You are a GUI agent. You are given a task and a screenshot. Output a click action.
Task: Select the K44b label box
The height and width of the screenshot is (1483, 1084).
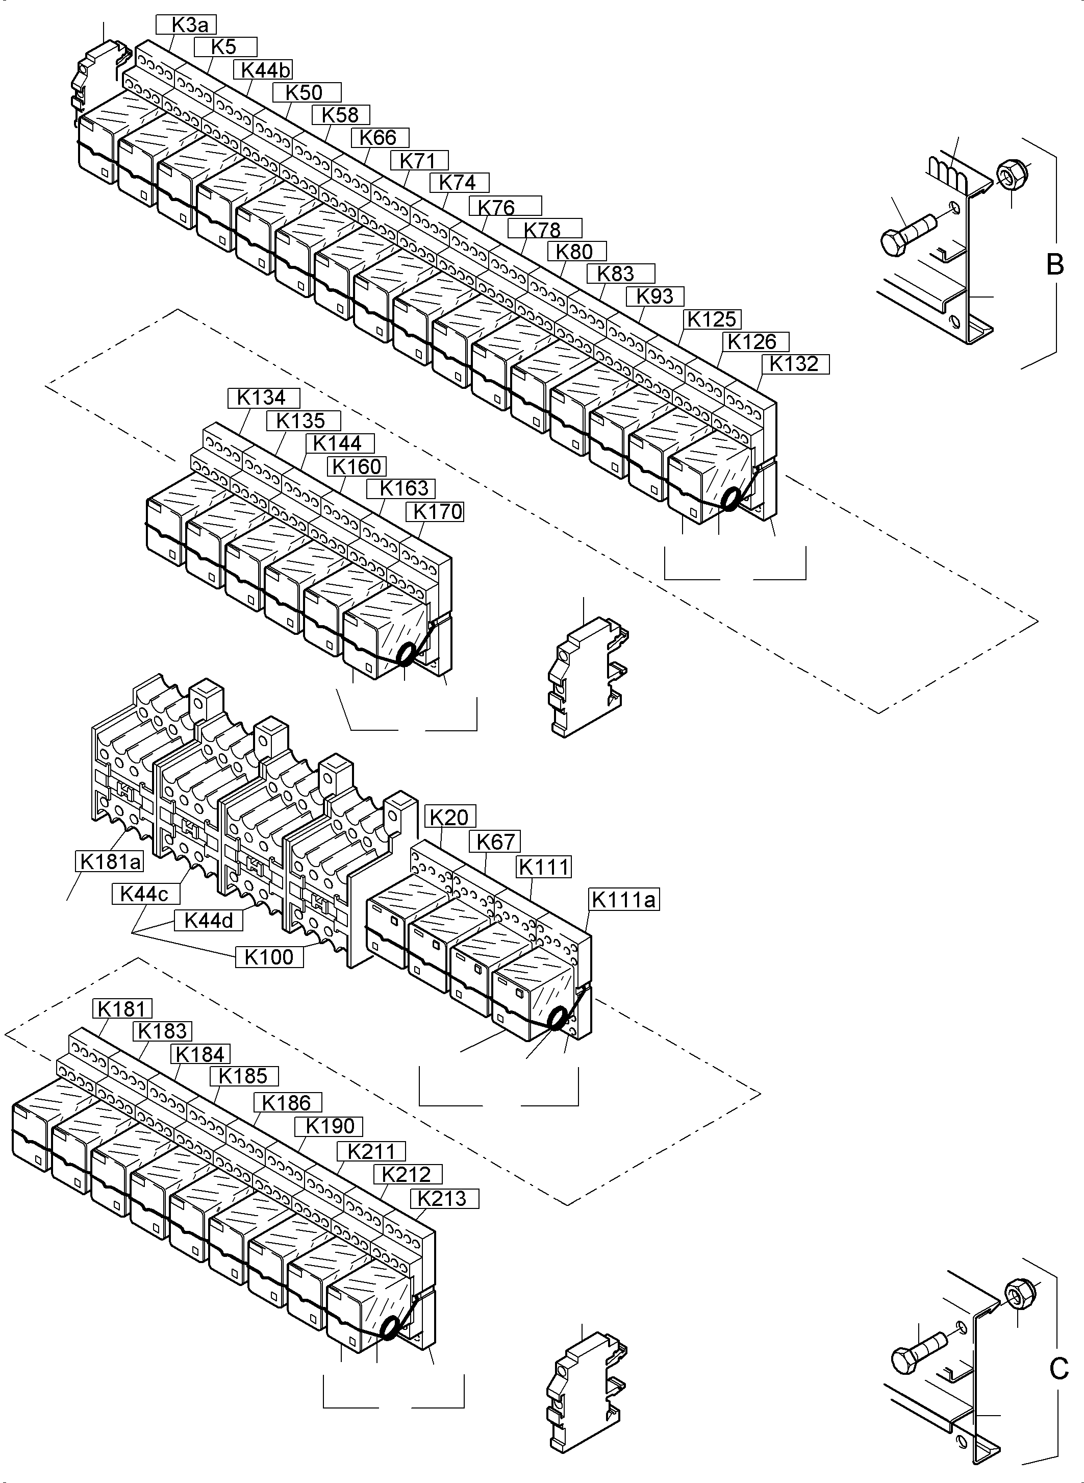(266, 69)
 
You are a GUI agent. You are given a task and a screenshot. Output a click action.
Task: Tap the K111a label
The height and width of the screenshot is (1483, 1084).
(623, 899)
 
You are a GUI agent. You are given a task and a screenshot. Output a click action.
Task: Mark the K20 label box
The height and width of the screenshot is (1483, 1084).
(450, 818)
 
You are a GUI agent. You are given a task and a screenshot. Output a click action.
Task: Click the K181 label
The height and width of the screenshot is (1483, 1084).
(122, 1008)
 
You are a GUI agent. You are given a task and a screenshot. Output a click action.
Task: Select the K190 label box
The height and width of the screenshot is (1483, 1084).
(332, 1126)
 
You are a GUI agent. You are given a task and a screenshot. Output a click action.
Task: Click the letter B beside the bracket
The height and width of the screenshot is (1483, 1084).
(1054, 264)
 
